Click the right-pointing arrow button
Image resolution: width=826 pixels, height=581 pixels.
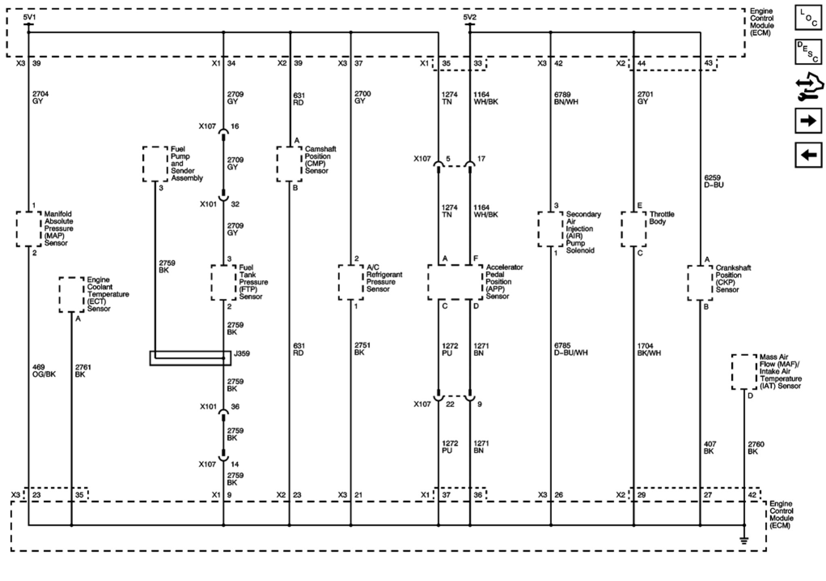(808, 121)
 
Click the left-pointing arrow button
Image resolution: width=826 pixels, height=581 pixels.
(808, 155)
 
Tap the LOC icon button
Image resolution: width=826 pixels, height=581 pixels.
(808, 18)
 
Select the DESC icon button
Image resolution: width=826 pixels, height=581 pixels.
(808, 52)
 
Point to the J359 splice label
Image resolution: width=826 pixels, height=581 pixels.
(242, 353)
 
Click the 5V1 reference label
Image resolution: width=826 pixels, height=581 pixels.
(29, 17)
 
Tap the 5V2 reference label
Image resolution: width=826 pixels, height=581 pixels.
(469, 17)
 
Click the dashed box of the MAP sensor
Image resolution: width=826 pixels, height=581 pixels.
(29, 229)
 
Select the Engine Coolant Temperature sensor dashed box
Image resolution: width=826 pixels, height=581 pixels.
(72, 294)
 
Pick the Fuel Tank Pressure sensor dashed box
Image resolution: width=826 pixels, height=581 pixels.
(223, 282)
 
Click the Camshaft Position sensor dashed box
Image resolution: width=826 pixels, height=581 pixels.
(289, 164)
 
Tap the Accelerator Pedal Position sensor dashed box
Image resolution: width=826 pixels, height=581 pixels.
(455, 282)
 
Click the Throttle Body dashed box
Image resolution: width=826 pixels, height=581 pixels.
(633, 229)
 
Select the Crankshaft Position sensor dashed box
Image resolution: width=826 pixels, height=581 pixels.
(700, 283)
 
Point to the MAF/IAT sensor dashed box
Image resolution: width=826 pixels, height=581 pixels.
(744, 372)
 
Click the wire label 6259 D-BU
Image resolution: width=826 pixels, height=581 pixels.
(713, 181)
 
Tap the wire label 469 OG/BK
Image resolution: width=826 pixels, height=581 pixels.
(44, 371)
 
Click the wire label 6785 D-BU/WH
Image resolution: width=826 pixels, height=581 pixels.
(571, 349)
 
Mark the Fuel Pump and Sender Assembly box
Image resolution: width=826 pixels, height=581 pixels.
(155, 164)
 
